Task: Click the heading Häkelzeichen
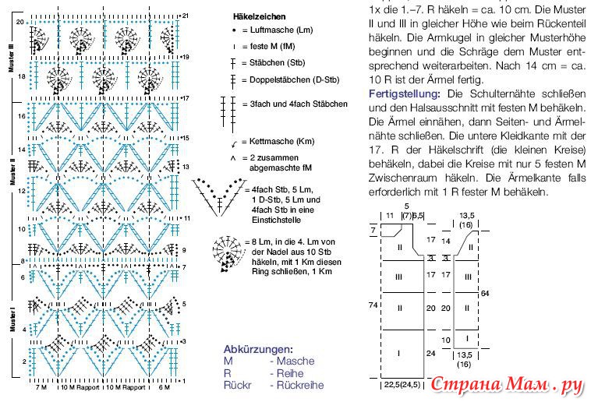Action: [x=259, y=16]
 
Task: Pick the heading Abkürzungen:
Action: [x=258, y=350]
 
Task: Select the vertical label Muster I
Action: [x=12, y=319]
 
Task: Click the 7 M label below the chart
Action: [x=42, y=387]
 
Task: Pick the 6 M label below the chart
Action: [x=163, y=387]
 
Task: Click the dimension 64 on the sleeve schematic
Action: [x=485, y=293]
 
